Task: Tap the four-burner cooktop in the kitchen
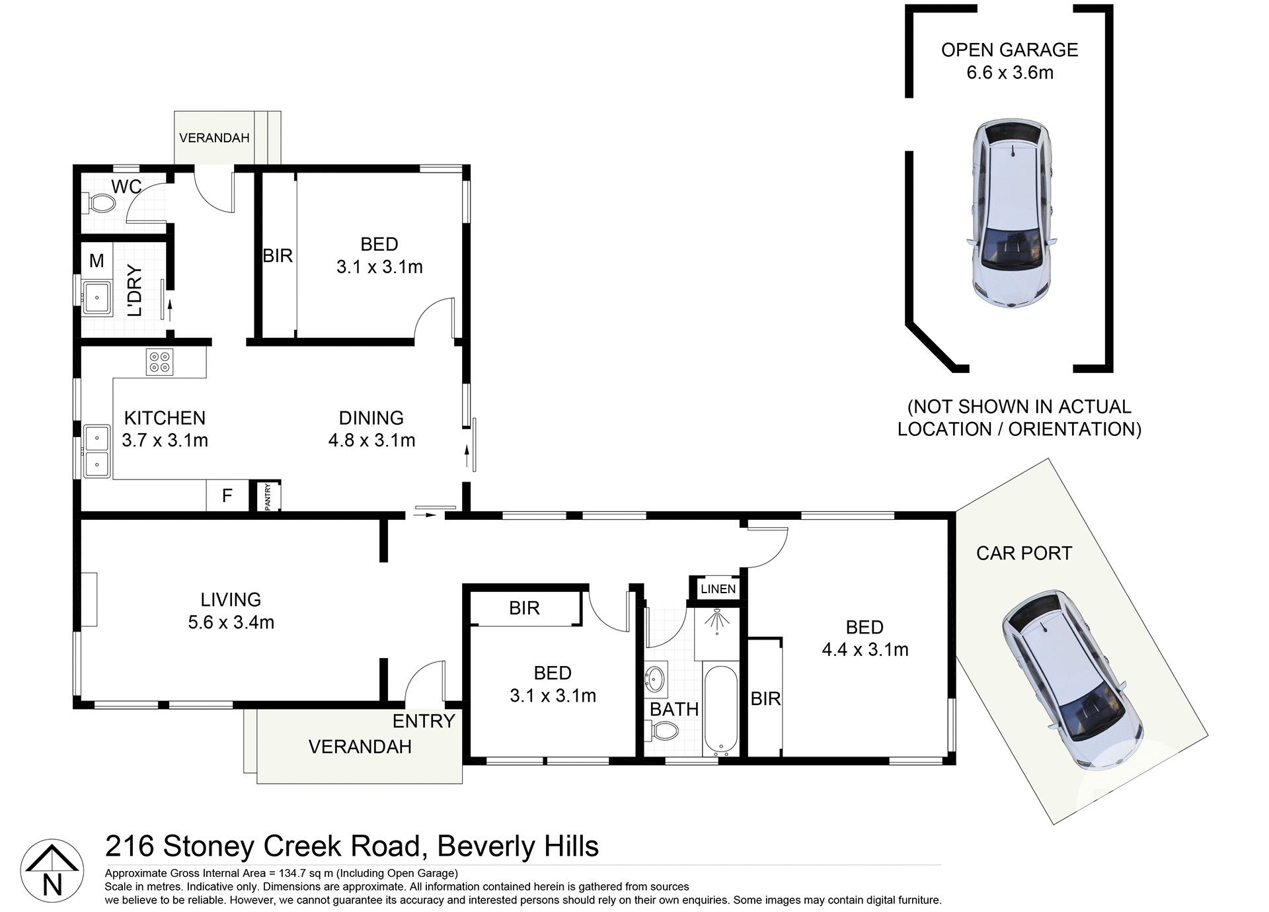pos(159,362)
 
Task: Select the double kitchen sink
pos(96,451)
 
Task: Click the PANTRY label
pos(268,496)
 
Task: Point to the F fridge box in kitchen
pos(227,495)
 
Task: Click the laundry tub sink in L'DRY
pos(96,297)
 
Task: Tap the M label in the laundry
pos(96,261)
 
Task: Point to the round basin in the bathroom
pos(655,679)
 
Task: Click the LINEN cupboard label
pos(718,589)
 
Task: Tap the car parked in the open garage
pos(1010,213)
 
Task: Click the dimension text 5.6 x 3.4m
pos(231,622)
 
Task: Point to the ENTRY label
pos(424,721)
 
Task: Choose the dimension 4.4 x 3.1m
pos(865,649)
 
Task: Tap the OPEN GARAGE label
pos(1009,50)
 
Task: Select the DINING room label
pos(371,418)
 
